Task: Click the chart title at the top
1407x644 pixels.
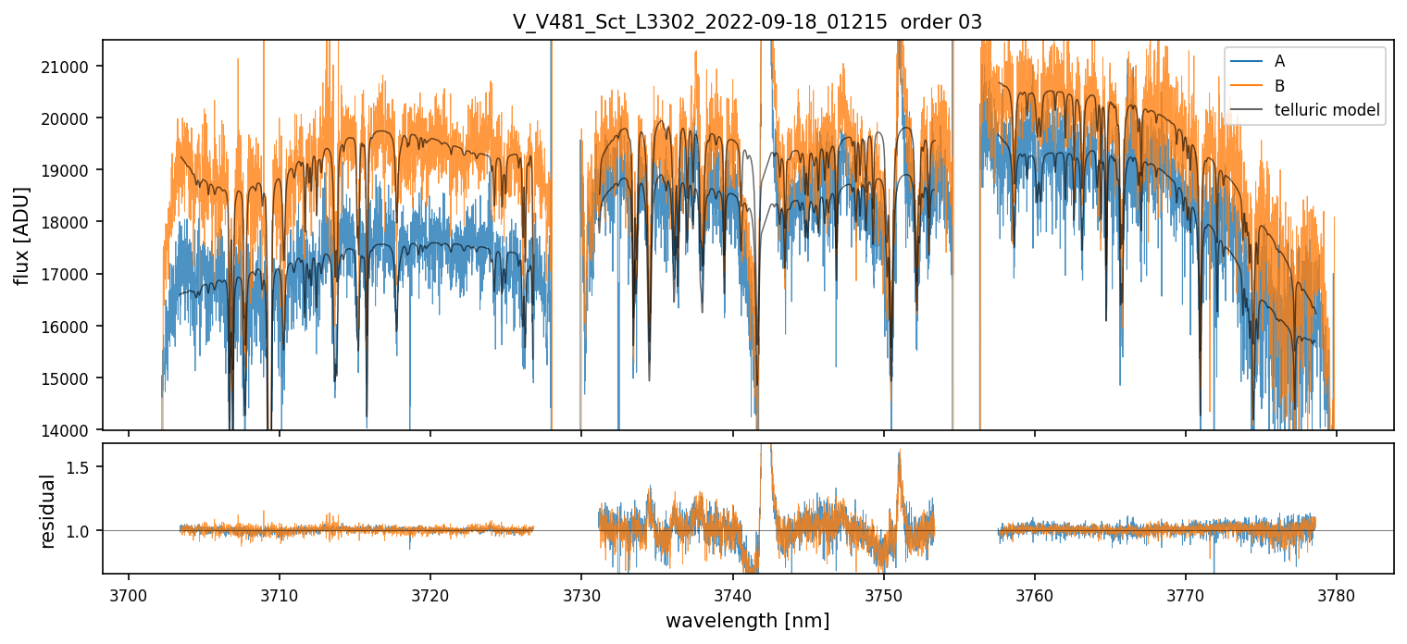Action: click(x=747, y=22)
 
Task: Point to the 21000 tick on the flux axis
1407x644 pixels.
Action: click(x=73, y=67)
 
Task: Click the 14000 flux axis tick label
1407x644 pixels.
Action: click(x=73, y=430)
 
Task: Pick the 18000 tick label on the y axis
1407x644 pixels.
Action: click(x=73, y=222)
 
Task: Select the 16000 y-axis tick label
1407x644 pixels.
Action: click(x=73, y=327)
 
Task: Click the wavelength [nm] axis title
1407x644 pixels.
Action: click(x=747, y=621)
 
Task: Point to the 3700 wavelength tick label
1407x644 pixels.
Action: click(x=129, y=592)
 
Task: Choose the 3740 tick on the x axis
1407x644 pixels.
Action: click(x=732, y=592)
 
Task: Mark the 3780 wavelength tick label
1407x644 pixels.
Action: click(x=1337, y=592)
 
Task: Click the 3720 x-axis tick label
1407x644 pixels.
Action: click(x=430, y=592)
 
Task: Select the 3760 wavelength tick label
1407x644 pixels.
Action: click(x=1035, y=592)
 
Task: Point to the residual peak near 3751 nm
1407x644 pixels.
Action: click(x=899, y=452)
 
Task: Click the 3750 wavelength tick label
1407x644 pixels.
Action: click(x=884, y=592)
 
